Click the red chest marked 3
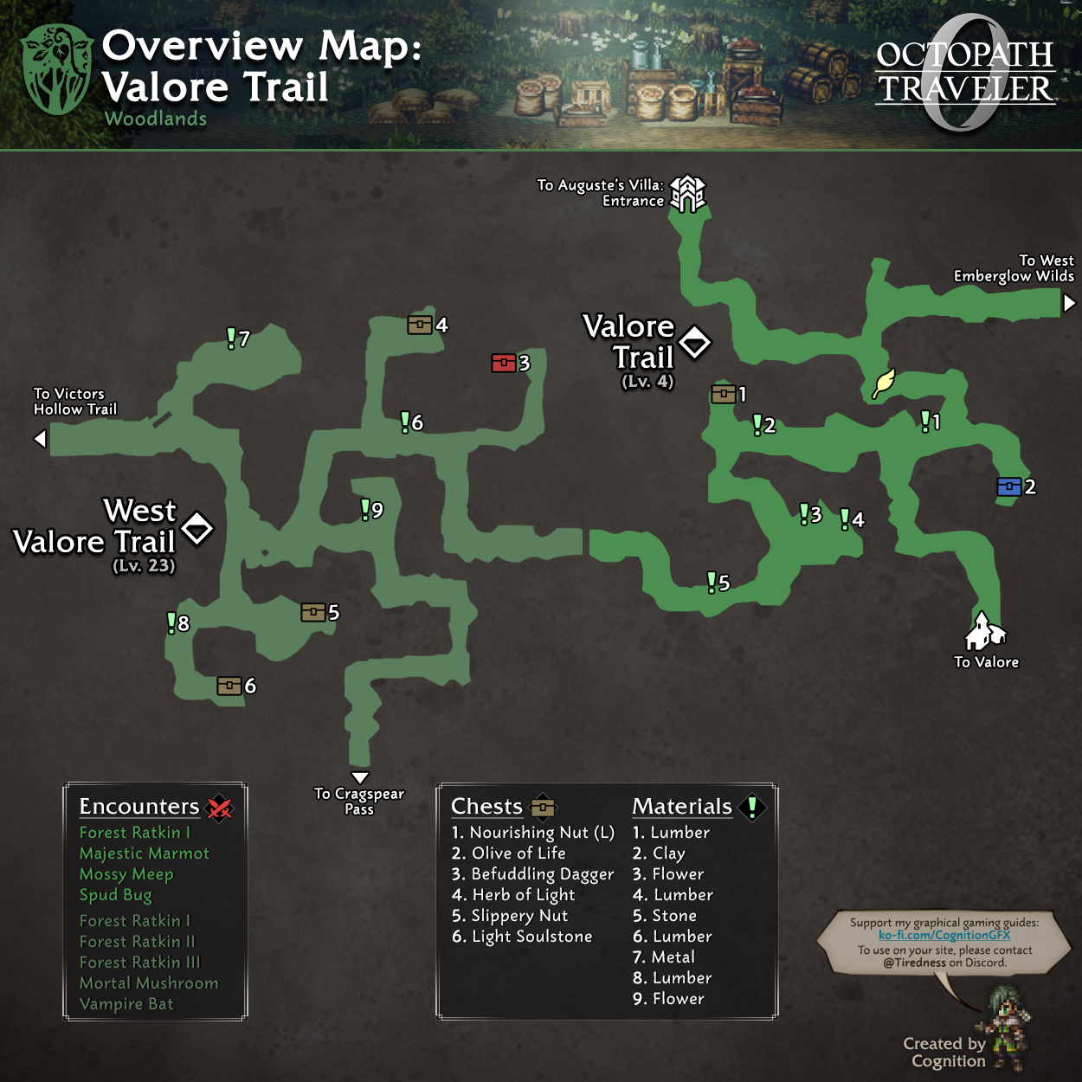point(504,363)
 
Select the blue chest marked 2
point(1008,486)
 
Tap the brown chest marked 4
point(420,325)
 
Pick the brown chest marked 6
point(229,686)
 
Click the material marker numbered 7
point(231,338)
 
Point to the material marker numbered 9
point(365,509)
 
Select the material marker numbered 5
point(712,582)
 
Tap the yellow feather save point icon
point(883,383)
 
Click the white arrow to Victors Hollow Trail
point(40,439)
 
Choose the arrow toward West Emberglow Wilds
point(1070,303)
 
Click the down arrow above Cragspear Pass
point(360,777)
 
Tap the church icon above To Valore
point(983,631)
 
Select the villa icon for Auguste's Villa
point(688,193)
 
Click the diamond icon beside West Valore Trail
point(197,527)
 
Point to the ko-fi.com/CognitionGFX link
point(944,935)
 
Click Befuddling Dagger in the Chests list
point(532,874)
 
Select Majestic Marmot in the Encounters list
point(145,853)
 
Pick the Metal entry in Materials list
point(663,957)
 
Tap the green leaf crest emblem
point(57,69)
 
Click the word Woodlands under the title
point(156,119)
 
